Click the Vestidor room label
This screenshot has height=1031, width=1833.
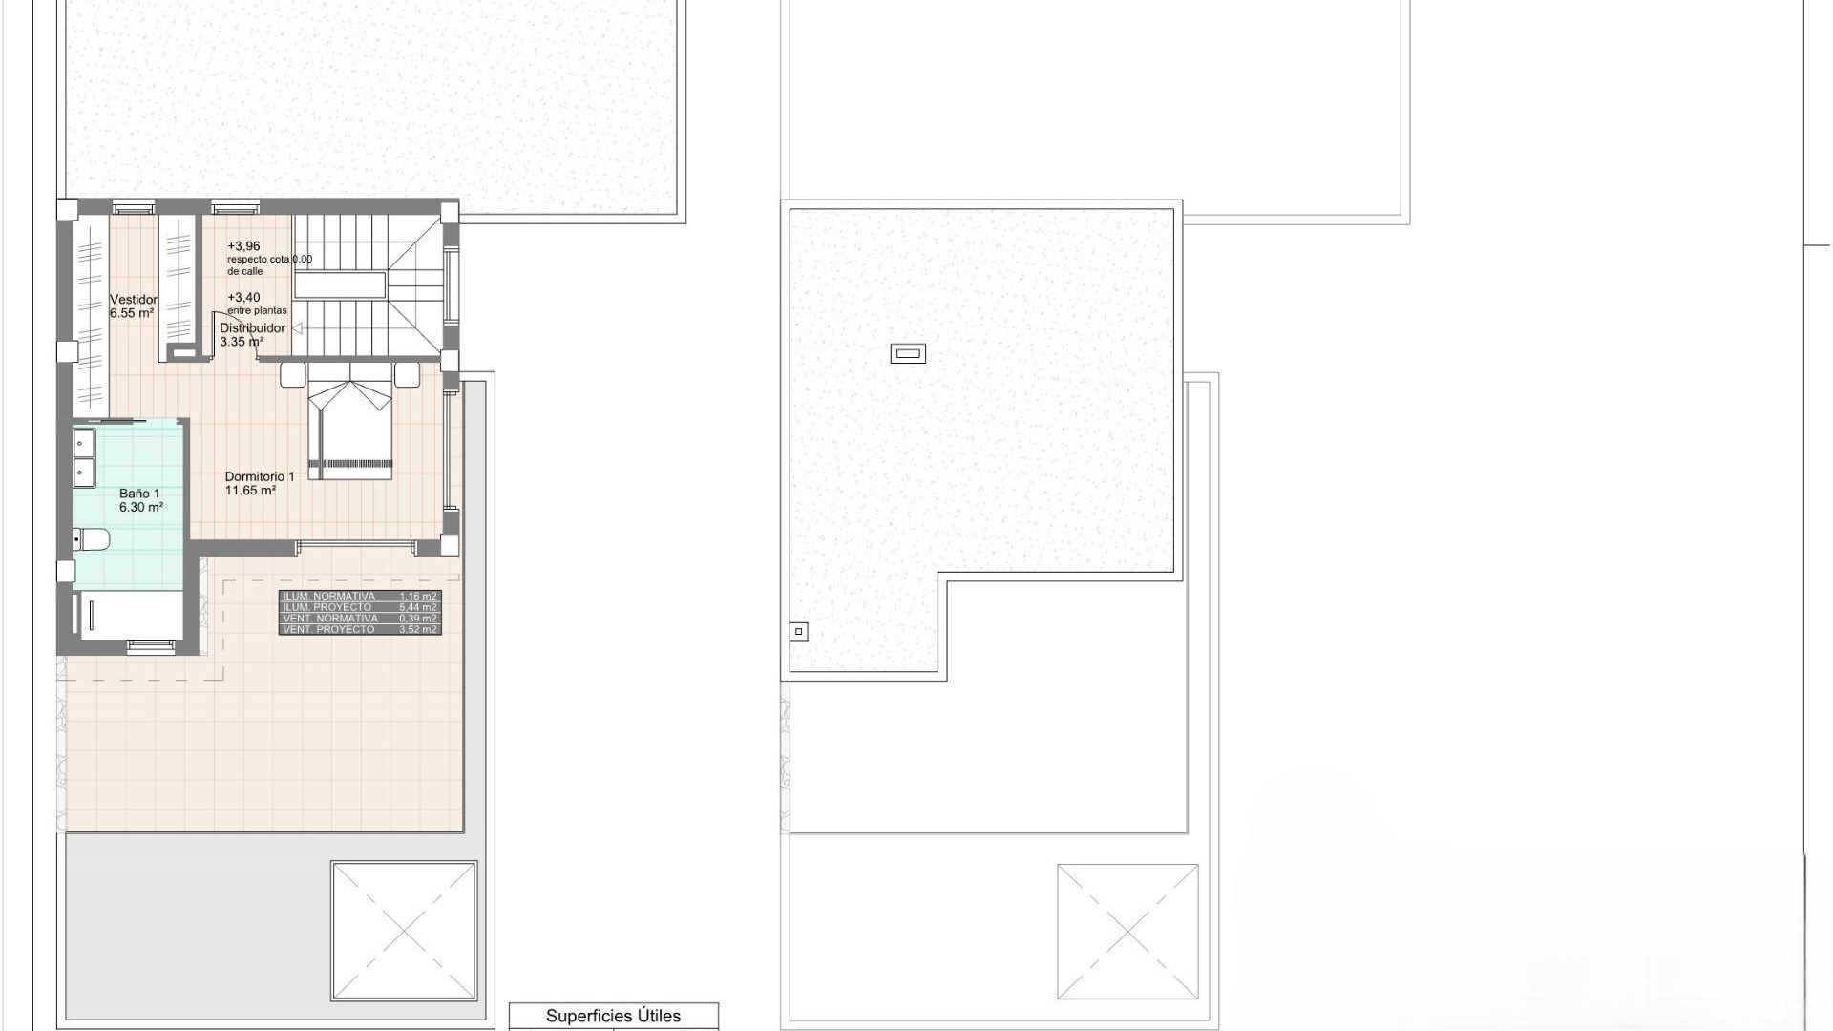[134, 305]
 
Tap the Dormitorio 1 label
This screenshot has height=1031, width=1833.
[259, 483]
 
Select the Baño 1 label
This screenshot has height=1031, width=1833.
[140, 500]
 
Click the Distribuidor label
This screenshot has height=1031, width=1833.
[252, 334]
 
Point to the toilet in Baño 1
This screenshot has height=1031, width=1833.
[93, 540]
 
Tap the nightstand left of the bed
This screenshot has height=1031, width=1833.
[293, 374]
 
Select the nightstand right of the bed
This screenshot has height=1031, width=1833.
[408, 374]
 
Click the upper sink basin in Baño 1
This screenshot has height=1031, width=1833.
[84, 443]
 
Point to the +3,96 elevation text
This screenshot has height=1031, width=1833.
[243, 246]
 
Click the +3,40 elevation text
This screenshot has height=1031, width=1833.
[243, 298]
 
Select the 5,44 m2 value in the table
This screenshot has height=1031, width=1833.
[418, 607]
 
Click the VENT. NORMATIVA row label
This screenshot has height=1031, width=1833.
[330, 619]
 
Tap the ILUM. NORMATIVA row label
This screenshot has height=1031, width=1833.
[329, 597]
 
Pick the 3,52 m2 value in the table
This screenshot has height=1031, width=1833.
[418, 630]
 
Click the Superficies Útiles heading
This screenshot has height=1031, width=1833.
[613, 1016]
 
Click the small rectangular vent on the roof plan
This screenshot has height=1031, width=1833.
[908, 354]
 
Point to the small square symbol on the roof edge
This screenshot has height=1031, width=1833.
[799, 631]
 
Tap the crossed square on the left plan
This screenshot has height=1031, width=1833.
[404, 931]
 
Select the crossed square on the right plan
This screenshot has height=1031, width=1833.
[1127, 932]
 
